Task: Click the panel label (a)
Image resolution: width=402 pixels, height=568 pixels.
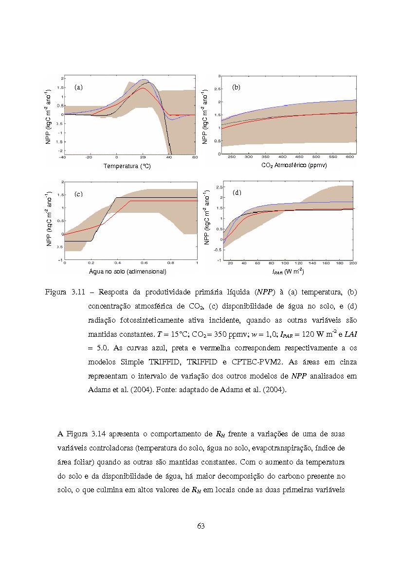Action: [78, 87]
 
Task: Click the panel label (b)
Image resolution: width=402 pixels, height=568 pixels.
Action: [237, 87]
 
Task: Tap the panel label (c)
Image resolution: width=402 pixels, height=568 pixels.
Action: [78, 194]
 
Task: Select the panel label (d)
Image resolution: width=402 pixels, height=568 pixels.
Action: [237, 193]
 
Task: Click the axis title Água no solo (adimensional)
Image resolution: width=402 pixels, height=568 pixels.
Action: [128, 271]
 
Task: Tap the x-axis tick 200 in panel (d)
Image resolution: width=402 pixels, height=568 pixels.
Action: [353, 263]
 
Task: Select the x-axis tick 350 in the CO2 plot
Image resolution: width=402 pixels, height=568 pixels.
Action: [266, 157]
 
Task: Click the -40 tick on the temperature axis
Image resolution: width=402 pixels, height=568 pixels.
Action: [62, 157]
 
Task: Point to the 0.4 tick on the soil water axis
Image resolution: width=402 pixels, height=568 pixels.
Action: [117, 263]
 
